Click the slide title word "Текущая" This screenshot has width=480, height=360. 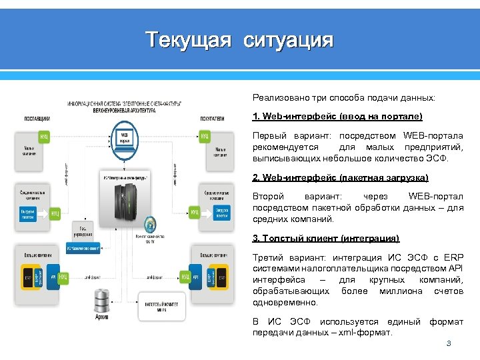click(189, 40)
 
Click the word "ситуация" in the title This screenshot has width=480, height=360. click(289, 40)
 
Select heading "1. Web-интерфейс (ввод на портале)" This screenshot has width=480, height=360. click(337, 117)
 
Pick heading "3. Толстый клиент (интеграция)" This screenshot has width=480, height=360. click(326, 238)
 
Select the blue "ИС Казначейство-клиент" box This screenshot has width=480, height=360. click(84, 247)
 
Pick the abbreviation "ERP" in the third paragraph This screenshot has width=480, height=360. click(452, 258)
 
